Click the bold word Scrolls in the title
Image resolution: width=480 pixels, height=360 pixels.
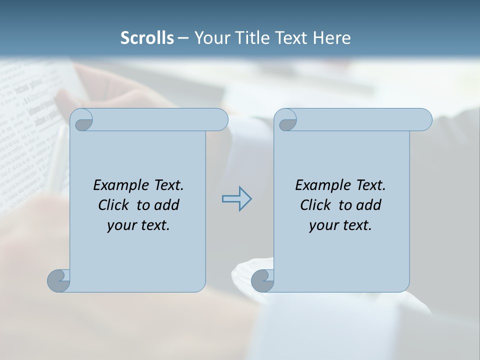(147, 38)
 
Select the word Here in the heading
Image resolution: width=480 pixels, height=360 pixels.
(332, 38)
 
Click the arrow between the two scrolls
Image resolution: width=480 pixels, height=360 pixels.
(236, 199)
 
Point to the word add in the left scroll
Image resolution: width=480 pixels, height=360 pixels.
(166, 205)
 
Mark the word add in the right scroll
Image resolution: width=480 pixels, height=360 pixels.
(368, 205)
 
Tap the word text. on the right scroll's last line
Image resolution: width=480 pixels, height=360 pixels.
(355, 225)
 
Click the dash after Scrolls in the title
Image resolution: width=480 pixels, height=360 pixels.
(183, 38)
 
